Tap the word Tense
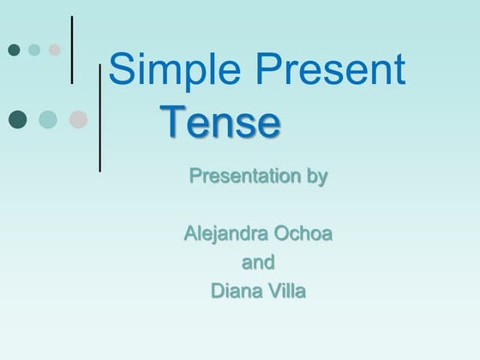[x=220, y=123]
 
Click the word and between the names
[x=258, y=261]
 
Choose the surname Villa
[x=285, y=291]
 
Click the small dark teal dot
[x=14, y=50]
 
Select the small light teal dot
[x=34, y=50]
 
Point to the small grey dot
[x=55, y=50]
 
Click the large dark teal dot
[x=17, y=118]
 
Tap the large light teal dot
[x=48, y=118]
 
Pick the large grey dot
[x=78, y=118]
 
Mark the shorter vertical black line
[x=72, y=49]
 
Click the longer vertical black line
[x=100, y=117]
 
